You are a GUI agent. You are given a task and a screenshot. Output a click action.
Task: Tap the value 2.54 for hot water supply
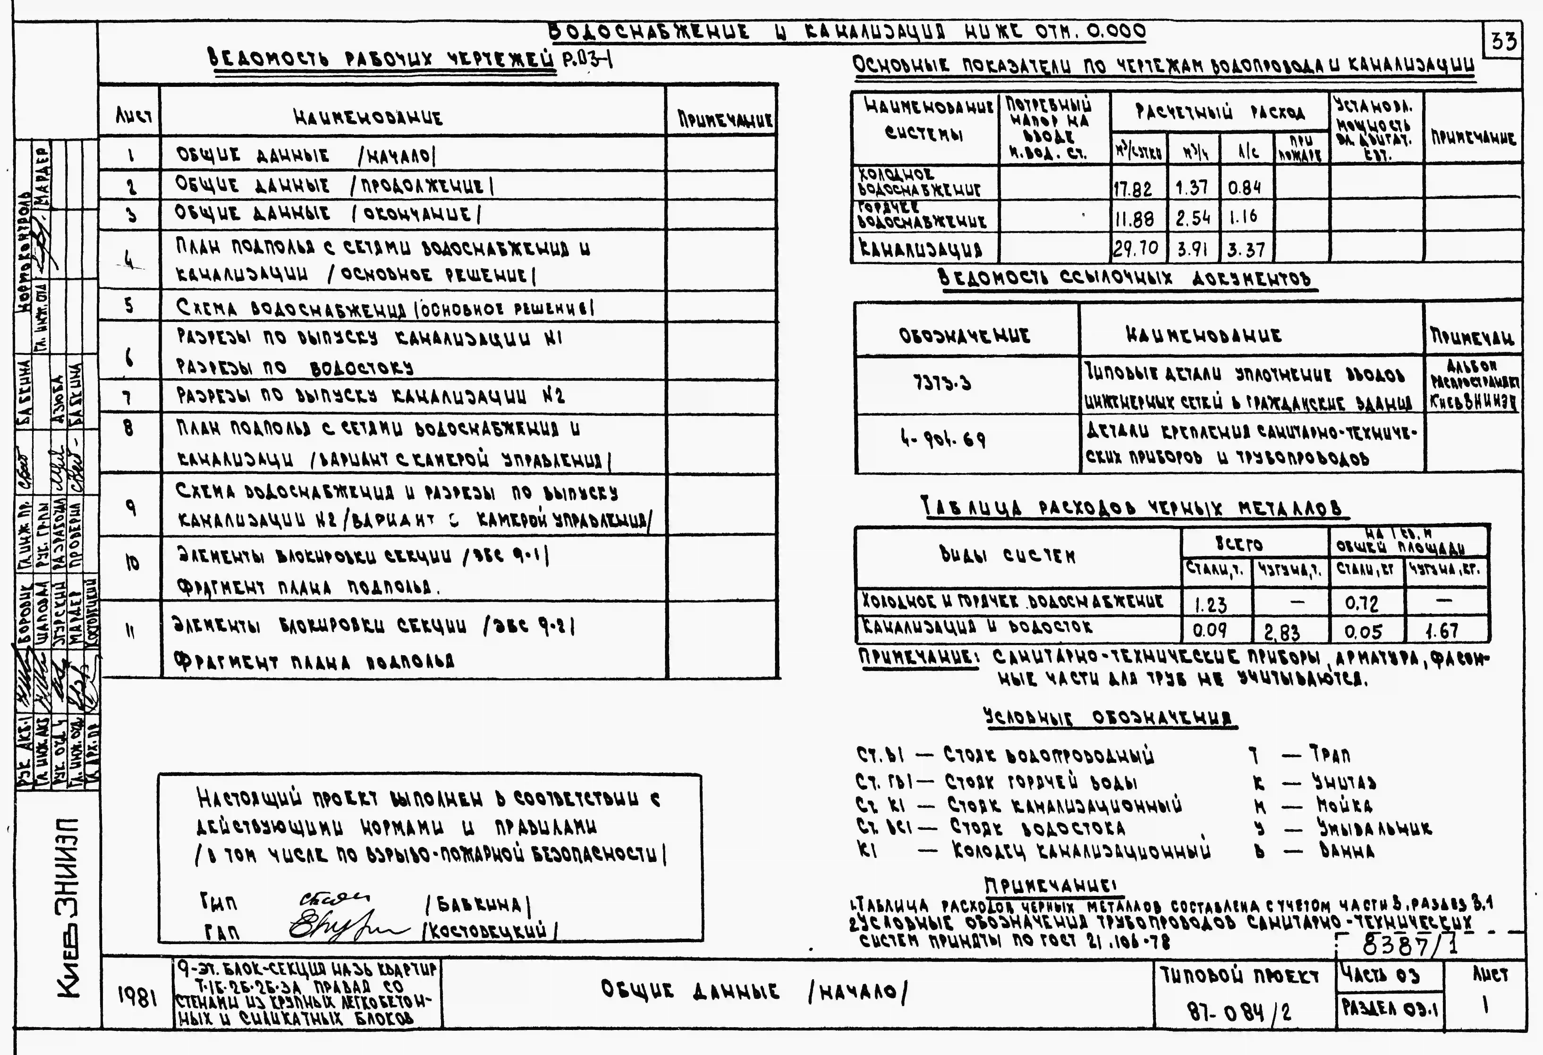(x=1192, y=218)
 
